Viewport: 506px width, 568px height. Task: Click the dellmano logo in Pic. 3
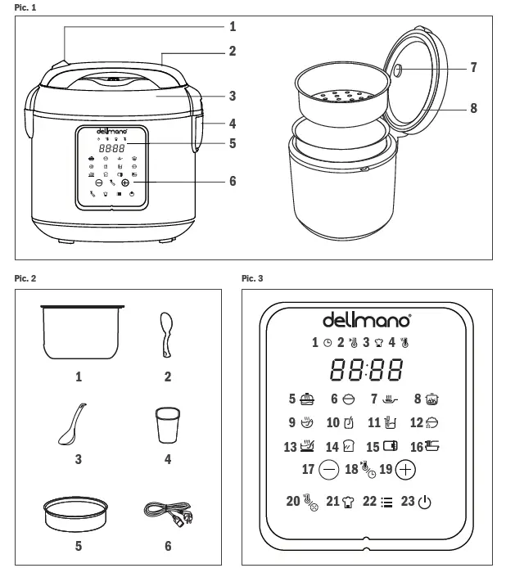coord(367,318)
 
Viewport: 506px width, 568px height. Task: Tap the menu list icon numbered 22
coord(386,503)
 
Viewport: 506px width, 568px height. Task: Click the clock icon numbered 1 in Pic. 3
coord(327,343)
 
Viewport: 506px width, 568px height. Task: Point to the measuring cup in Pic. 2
coord(167,426)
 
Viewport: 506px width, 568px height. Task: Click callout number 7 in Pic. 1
coord(474,67)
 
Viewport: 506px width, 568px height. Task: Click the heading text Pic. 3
coord(253,279)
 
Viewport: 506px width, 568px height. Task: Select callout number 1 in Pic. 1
coord(232,26)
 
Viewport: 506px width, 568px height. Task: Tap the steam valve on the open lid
coord(399,70)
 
